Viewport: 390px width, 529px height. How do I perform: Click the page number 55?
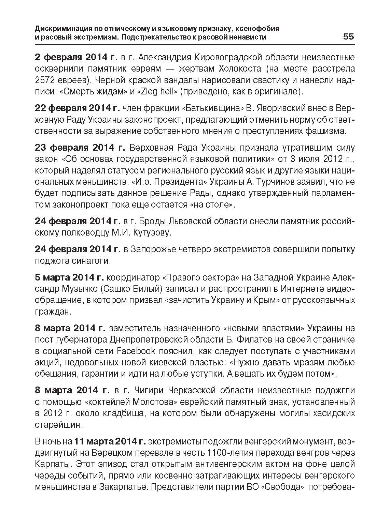coord(348,36)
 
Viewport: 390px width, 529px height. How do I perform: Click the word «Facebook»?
coord(136,351)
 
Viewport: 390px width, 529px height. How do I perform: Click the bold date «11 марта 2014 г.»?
coord(110,441)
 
